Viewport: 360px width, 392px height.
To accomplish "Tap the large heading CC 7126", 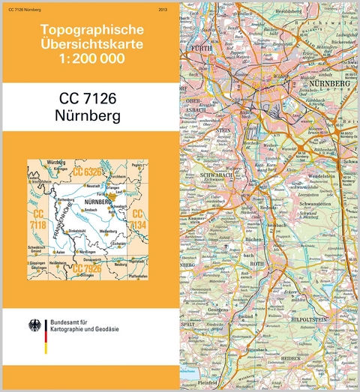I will pyautogui.click(x=90, y=99).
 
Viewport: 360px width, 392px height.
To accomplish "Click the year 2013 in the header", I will pyautogui.click(x=163, y=9).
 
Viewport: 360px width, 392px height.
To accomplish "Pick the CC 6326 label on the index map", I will pyautogui.click(x=88, y=175).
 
